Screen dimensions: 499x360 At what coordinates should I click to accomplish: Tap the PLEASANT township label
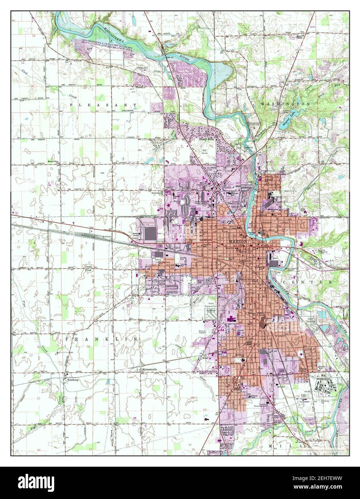tap(103, 105)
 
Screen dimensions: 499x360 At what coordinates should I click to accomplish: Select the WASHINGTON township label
tap(285, 104)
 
